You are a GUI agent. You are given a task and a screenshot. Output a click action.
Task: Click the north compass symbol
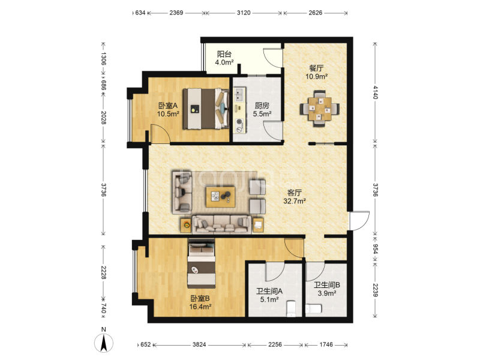click(x=104, y=343)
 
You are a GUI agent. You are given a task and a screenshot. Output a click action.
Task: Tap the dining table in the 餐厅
click(x=320, y=109)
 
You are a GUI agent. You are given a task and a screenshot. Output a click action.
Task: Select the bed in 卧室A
click(x=206, y=109)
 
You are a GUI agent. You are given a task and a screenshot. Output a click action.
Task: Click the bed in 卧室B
click(x=201, y=263)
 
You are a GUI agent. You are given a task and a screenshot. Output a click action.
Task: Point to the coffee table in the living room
click(x=221, y=197)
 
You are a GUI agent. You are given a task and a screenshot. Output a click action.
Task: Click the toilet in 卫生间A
click(x=291, y=308)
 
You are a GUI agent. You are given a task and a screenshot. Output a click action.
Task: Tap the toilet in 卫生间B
click(x=313, y=309)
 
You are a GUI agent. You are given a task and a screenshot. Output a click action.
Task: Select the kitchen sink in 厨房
click(x=239, y=95)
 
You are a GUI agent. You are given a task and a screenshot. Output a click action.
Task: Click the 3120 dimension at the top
click(x=244, y=13)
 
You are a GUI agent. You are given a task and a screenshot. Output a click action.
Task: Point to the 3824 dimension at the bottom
click(x=199, y=344)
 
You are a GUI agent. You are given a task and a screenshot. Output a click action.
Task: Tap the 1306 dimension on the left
click(x=103, y=58)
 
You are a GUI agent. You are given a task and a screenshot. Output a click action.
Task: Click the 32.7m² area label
click(x=295, y=201)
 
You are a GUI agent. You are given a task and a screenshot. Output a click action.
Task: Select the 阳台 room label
click(x=224, y=54)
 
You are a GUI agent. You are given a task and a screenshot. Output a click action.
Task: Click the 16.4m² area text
click(x=200, y=307)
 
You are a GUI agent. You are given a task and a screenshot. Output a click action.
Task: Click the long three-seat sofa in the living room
click(x=221, y=224)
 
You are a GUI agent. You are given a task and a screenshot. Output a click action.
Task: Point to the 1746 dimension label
click(x=326, y=344)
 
